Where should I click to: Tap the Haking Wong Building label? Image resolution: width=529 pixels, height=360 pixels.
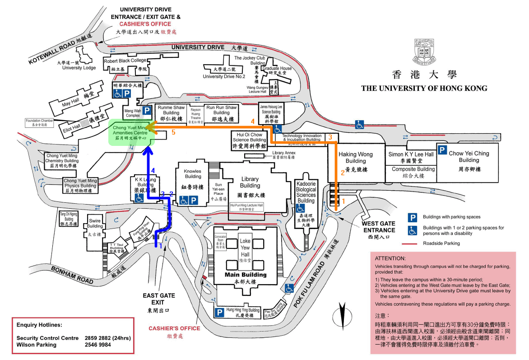[x=356, y=158]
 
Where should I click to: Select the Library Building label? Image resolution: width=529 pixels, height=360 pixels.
[x=250, y=182]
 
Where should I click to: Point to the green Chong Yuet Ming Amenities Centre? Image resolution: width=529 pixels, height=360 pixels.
[x=131, y=133]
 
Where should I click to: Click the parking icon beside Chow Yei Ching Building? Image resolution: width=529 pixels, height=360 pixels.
[x=443, y=151]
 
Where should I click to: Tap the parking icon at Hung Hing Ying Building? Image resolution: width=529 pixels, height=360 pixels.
[x=220, y=312]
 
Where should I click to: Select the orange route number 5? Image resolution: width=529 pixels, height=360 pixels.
[x=173, y=132]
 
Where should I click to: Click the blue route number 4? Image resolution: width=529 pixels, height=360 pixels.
[x=153, y=170]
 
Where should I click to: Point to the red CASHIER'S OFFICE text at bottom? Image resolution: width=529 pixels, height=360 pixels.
[x=167, y=328]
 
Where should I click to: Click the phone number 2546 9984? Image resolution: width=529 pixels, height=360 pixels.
[x=97, y=345]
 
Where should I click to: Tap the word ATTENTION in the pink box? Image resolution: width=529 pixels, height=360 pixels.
[x=390, y=258]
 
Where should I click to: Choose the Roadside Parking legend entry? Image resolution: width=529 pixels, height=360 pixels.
[x=441, y=243]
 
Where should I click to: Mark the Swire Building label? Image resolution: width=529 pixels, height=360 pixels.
[x=95, y=224]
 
